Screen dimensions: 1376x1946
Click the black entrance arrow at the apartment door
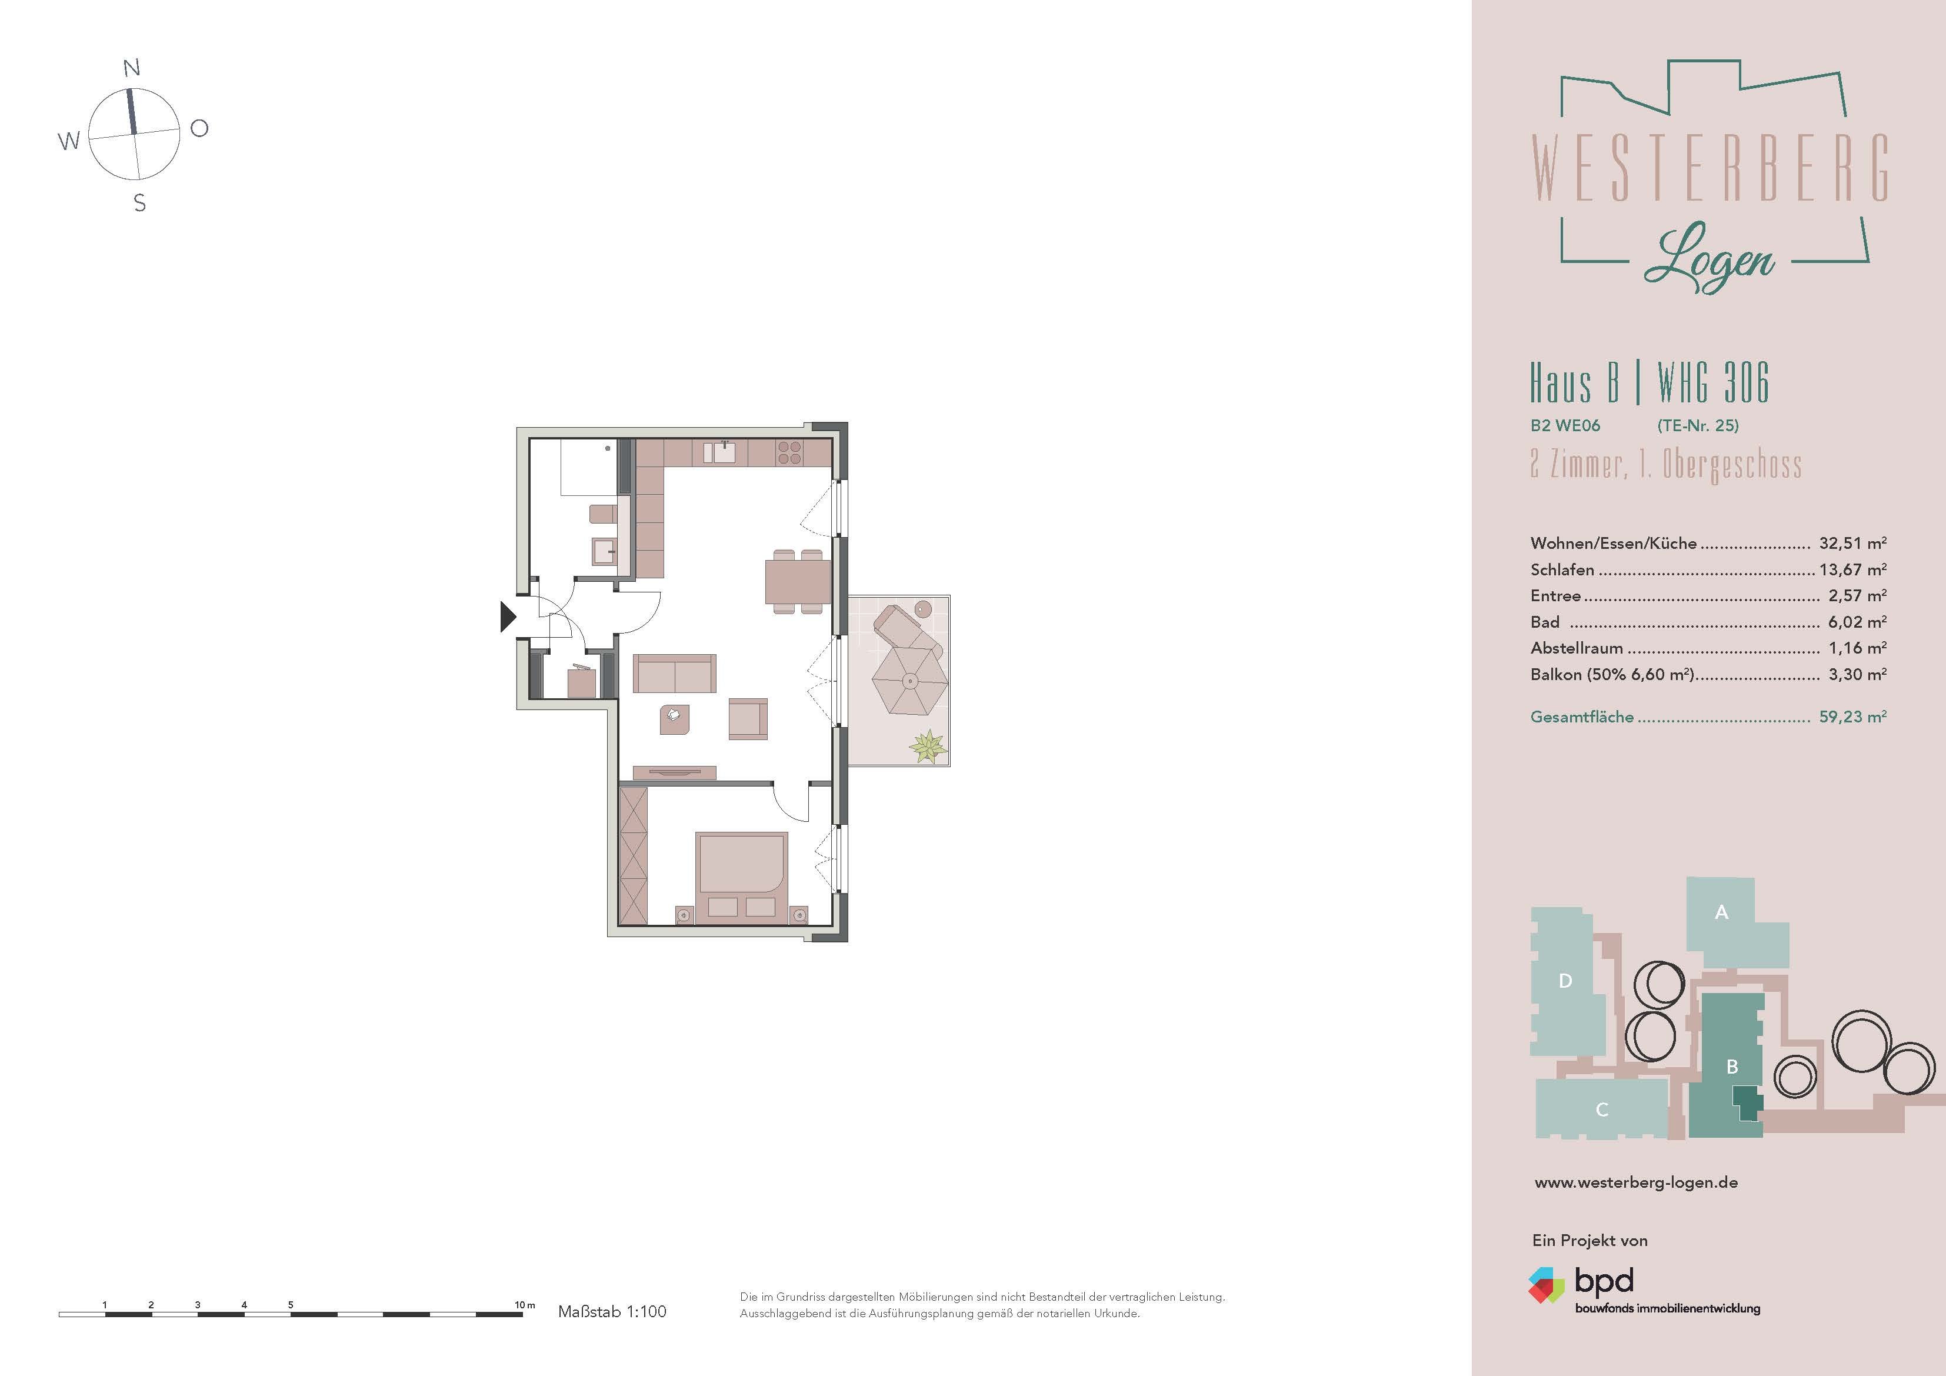tap(507, 617)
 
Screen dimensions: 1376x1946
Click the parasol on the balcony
tap(909, 681)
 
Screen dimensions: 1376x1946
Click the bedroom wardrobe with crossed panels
tap(633, 855)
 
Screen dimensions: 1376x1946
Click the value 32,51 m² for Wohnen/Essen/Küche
tap(1852, 544)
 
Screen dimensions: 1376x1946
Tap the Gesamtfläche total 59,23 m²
tap(1852, 717)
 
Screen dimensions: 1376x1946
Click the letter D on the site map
tap(1565, 981)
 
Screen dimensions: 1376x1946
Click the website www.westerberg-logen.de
tap(1636, 1182)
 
